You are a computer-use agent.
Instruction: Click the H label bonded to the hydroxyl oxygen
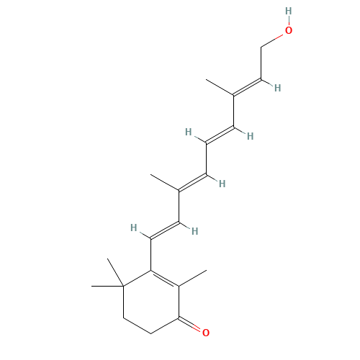click(x=289, y=11)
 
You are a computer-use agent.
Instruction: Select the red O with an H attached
click(x=289, y=30)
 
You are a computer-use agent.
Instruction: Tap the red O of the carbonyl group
click(x=206, y=333)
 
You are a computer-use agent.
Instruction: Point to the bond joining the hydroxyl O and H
click(x=289, y=20)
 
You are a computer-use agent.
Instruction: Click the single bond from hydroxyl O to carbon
click(x=272, y=40)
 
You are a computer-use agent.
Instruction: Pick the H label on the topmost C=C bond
click(x=277, y=88)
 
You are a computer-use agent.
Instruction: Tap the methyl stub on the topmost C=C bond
click(x=220, y=87)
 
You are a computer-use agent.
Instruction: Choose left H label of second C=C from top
click(x=188, y=132)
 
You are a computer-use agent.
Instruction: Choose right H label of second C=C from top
click(x=250, y=136)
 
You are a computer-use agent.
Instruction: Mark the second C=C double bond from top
click(x=220, y=135)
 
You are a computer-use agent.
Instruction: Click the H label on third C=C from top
click(x=222, y=184)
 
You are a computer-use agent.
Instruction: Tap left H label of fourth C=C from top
click(x=133, y=228)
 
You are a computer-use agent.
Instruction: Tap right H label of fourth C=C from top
click(x=194, y=231)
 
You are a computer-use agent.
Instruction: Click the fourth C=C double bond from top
click(x=164, y=230)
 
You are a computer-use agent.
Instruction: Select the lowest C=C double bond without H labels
click(x=164, y=279)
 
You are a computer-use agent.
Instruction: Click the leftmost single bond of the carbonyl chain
click(x=138, y=326)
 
